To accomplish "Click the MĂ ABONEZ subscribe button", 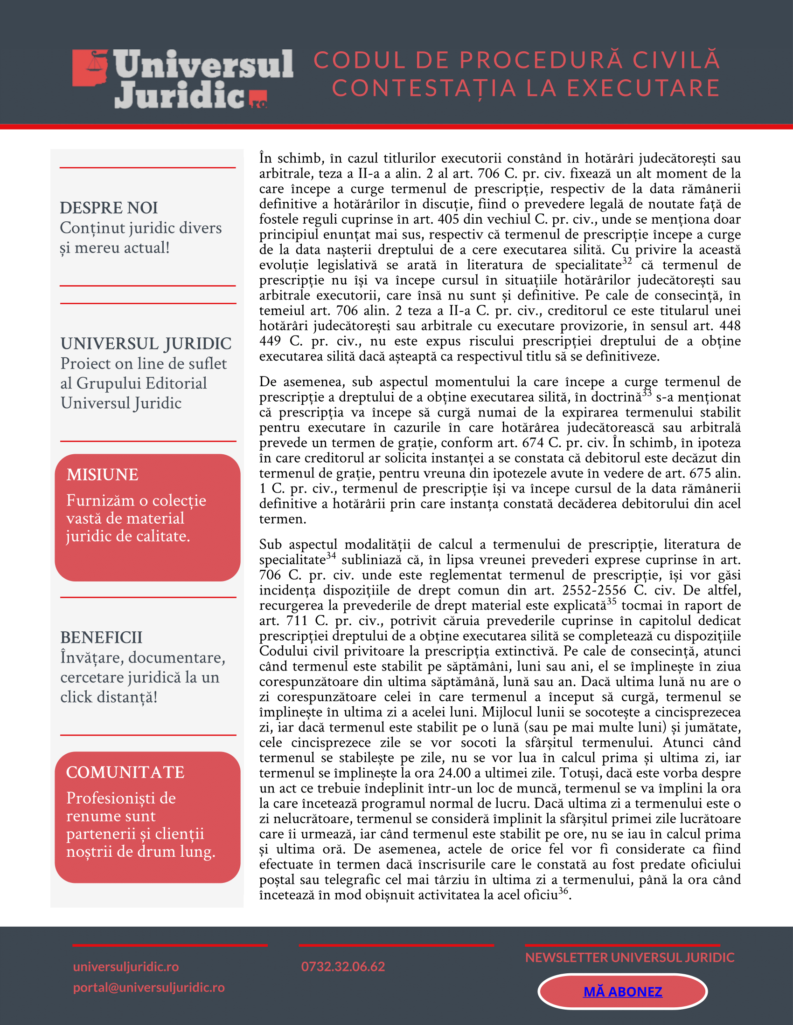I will pyautogui.click(x=622, y=991).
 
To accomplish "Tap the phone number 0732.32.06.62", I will pyautogui.click(x=343, y=966).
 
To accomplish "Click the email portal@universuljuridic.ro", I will pyautogui.click(x=149, y=987).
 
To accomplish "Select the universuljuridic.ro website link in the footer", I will pyautogui.click(x=126, y=966).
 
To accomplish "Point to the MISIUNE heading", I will pyautogui.click(x=103, y=474).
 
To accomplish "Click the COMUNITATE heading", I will pyautogui.click(x=125, y=772).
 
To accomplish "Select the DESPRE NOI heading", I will pyautogui.click(x=109, y=207).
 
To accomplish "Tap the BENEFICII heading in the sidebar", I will pyautogui.click(x=101, y=637).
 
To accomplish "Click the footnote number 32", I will pyautogui.click(x=627, y=261).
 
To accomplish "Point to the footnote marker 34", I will pyautogui.click(x=331, y=556).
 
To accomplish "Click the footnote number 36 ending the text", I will pyautogui.click(x=563, y=890).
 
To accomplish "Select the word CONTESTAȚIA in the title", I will pyautogui.click(x=424, y=89).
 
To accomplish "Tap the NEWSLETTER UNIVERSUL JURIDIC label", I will pyautogui.click(x=630, y=957).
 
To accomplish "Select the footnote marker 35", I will pyautogui.click(x=611, y=601).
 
